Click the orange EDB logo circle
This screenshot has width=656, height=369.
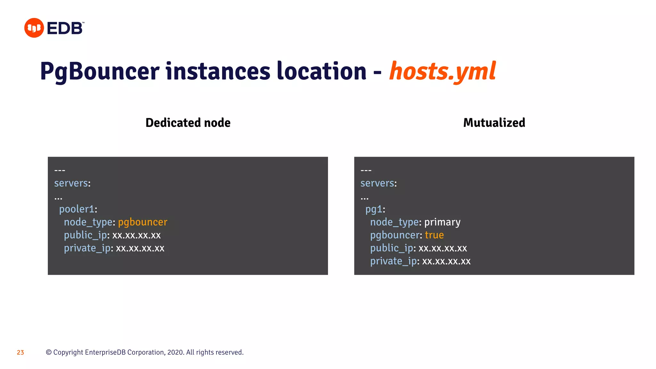[x=34, y=28]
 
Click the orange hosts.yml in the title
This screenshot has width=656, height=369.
[x=442, y=71]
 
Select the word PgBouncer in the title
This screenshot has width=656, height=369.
[x=100, y=71]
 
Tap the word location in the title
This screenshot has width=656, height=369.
[x=321, y=71]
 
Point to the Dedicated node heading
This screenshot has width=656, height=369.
[x=188, y=123]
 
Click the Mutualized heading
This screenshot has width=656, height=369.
[x=494, y=123]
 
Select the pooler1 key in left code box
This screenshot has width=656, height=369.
[x=77, y=209]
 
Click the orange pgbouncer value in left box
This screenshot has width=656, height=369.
[x=143, y=222]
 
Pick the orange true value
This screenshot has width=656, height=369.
[x=434, y=235]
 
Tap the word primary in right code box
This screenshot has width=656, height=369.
[x=442, y=222]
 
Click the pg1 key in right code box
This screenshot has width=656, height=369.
[x=373, y=209]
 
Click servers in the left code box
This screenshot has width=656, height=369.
[x=71, y=183]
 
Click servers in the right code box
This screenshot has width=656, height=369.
[x=377, y=183]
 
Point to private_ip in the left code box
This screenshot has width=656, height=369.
[x=87, y=248]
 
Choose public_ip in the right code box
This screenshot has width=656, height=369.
[x=392, y=248]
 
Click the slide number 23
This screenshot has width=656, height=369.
[x=20, y=353]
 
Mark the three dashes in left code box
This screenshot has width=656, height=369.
[x=60, y=170]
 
